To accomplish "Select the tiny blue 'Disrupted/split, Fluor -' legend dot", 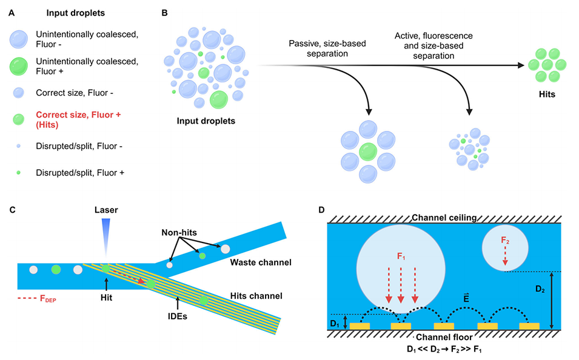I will click(x=18, y=146).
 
